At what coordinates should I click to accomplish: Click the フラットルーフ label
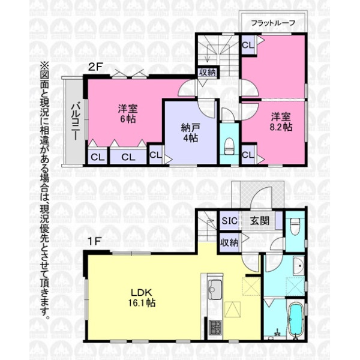273,23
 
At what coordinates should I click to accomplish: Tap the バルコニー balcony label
76,122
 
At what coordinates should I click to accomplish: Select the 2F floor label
95,67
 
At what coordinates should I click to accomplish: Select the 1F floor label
95,241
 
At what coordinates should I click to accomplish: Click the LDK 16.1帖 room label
142,298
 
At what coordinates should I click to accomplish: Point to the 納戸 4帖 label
190,133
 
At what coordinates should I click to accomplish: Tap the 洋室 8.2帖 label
281,122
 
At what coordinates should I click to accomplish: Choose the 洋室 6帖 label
128,114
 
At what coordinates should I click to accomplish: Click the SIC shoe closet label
229,221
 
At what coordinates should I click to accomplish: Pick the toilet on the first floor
295,226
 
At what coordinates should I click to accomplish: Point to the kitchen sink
215,290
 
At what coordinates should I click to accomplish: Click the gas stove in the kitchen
215,328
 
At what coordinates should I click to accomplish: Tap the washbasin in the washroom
298,266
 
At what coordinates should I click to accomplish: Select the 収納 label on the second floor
208,73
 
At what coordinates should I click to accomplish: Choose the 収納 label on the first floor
229,242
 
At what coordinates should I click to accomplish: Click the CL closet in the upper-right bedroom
248,46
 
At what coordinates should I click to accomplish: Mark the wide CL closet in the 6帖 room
128,157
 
